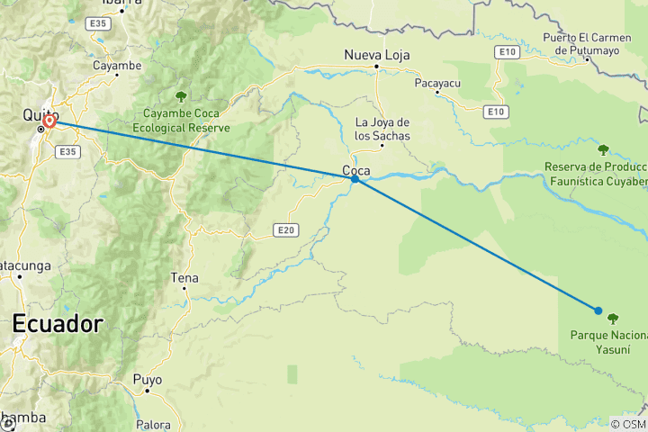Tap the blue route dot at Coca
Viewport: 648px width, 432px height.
click(355, 179)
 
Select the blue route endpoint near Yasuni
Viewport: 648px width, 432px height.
click(598, 310)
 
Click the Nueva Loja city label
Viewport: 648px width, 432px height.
click(376, 56)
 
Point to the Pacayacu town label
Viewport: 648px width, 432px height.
click(437, 83)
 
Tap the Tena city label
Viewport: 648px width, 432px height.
click(184, 278)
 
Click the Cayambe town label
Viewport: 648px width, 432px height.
click(117, 66)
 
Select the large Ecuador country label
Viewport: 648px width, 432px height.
click(57, 324)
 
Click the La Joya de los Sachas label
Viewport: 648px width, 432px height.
click(382, 129)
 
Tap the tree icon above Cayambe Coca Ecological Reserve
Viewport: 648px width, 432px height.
click(181, 96)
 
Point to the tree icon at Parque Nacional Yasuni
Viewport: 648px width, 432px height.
click(613, 318)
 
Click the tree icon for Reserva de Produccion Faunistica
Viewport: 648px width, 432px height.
click(603, 149)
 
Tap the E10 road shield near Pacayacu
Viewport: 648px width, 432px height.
click(494, 112)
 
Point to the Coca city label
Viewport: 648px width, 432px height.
click(354, 168)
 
